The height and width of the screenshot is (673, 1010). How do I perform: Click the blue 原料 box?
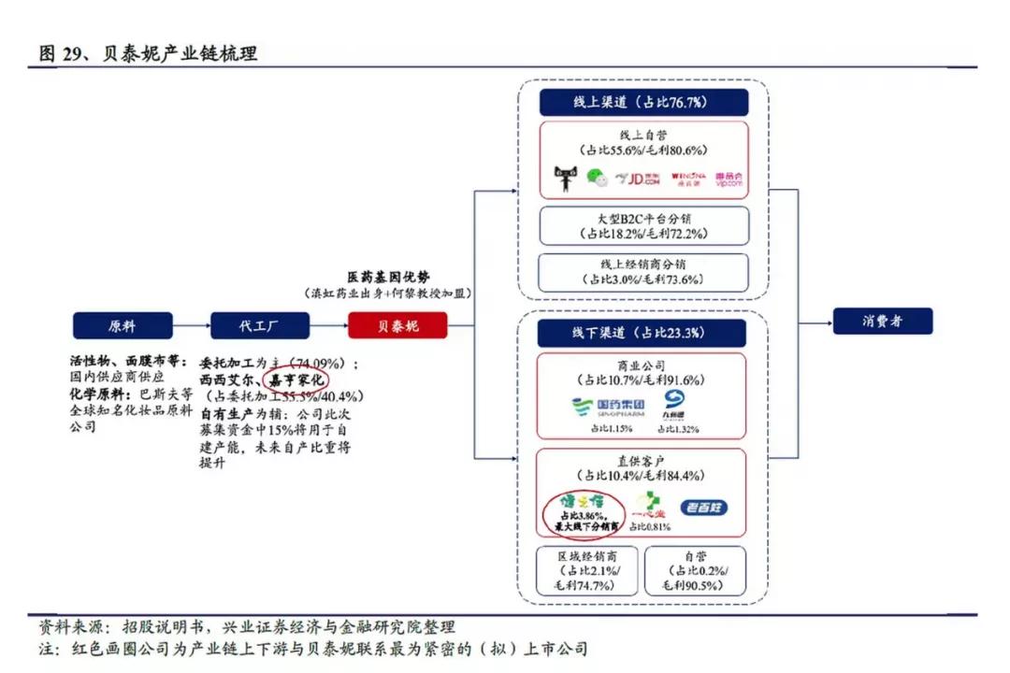coord(122,325)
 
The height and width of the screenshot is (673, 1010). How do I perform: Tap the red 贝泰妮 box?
coord(397,325)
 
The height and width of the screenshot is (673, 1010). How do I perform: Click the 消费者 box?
coord(883,321)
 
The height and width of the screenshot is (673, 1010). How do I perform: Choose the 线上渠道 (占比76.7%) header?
coord(643,102)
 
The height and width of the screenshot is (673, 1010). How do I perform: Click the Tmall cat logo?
coord(566,178)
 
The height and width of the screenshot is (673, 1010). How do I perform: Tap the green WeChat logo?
coord(596,178)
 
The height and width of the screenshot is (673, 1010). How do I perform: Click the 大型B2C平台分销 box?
coord(643,225)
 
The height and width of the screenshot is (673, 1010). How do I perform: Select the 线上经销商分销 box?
coord(643,272)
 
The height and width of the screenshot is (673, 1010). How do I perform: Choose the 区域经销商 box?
coord(584,570)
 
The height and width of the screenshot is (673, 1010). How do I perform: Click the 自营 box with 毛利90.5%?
coord(695,570)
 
